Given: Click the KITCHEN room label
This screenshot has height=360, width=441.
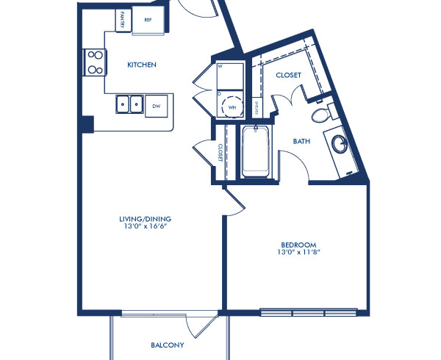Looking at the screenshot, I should pos(142,65).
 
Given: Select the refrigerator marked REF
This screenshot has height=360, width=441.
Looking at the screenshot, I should pos(147,21).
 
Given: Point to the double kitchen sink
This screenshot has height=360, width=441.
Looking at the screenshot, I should pos(129,106).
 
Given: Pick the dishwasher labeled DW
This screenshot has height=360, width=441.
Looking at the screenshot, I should pos(157,106).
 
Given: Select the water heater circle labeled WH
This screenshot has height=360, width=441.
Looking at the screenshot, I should pos(233,105).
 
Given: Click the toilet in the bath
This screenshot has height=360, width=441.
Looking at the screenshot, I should pos(320,115).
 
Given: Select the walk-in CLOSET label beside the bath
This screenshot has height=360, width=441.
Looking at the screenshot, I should pos(288,75).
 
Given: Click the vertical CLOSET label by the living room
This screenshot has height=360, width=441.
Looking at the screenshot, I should pos(220,151).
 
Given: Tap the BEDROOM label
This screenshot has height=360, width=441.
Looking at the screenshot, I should pos(298,245).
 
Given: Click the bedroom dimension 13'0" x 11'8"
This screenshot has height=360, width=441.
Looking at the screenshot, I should pos(298,253).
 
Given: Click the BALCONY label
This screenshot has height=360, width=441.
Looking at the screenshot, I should pos(167,345).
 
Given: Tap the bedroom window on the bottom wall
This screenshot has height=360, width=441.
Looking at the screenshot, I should pos(309,310).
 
